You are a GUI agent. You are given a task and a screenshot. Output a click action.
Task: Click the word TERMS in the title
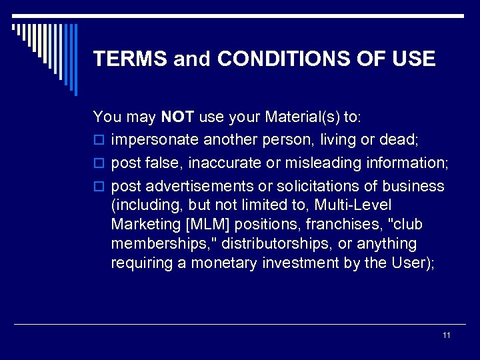click(x=130, y=59)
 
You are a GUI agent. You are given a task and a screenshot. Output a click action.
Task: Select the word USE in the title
click(x=413, y=59)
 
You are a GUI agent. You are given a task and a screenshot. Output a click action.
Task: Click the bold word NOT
click(x=177, y=117)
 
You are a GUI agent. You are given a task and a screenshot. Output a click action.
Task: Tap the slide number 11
click(x=447, y=335)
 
